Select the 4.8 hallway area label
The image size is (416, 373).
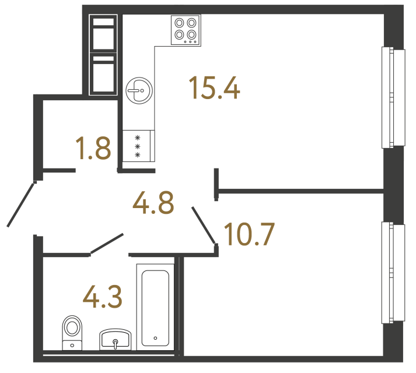(153, 203)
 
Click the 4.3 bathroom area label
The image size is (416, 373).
(102, 297)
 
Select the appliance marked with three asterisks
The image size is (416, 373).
(138, 146)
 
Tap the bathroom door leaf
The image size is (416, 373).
(106, 244)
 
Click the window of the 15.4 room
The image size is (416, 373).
(393, 98)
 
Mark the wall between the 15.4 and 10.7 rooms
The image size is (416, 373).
(300, 189)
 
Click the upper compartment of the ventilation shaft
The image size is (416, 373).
(104, 36)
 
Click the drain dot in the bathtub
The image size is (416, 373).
(155, 337)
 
